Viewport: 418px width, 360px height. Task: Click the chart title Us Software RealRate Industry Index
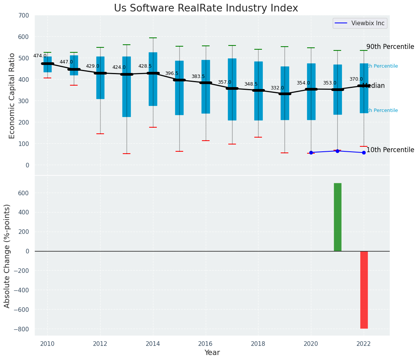206,8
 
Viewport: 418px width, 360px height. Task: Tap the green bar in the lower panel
337,217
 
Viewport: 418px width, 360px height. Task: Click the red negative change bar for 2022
364,290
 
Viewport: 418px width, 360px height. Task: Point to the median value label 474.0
40,56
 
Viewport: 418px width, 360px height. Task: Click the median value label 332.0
277,88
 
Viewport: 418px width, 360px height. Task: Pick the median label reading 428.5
145,66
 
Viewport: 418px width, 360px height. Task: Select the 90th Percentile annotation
390,47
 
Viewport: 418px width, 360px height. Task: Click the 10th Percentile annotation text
390,150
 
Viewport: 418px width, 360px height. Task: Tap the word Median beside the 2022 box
374,86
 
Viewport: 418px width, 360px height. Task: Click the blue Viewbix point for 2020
311,152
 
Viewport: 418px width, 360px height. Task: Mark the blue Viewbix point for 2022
364,152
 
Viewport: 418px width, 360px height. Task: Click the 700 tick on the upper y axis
23,16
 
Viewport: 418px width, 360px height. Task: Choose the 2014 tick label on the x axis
153,343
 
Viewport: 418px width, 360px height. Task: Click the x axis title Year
212,353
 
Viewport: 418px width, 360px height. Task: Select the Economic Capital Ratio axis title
12,96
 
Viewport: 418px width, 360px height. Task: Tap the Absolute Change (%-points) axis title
7,256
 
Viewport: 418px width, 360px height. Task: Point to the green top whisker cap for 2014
153,38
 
